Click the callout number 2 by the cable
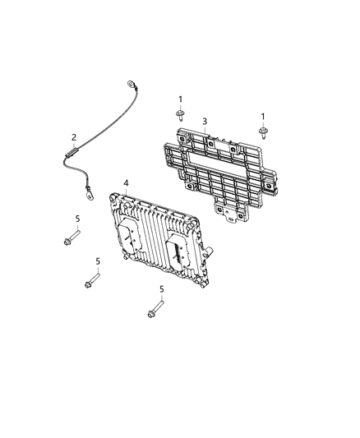click(74, 137)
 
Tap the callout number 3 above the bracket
click(204, 121)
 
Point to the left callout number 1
click(180, 100)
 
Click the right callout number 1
click(263, 117)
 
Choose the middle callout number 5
click(97, 261)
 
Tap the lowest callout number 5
click(162, 289)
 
